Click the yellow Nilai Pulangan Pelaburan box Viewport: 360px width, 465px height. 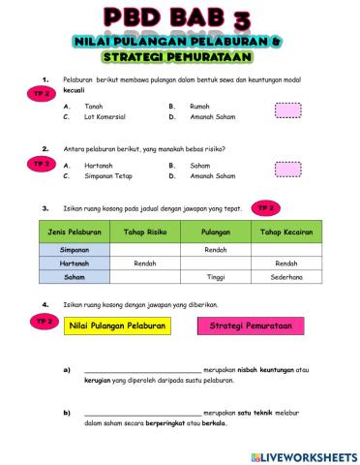coord(116,326)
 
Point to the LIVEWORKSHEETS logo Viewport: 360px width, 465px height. coord(302,454)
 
